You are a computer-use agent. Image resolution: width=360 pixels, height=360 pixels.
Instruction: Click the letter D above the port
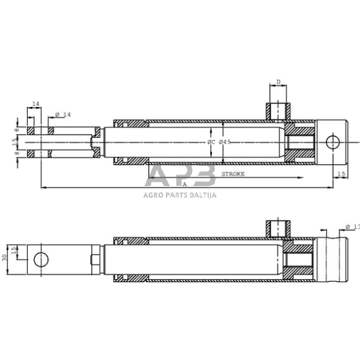click(278, 81)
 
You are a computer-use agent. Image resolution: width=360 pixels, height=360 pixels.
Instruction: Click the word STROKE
click(233, 174)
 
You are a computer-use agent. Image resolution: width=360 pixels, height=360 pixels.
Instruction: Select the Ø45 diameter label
click(225, 142)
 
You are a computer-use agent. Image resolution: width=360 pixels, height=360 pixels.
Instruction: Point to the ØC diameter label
click(211, 142)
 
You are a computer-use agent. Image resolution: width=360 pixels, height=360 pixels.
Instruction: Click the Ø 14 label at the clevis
click(63, 114)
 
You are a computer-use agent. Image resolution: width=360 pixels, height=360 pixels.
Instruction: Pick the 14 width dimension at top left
click(36, 105)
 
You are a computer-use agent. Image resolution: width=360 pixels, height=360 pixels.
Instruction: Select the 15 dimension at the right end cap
click(341, 174)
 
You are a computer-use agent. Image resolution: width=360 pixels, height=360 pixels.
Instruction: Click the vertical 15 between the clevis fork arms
click(17, 141)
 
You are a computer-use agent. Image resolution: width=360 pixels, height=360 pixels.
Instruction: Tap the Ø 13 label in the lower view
click(351, 227)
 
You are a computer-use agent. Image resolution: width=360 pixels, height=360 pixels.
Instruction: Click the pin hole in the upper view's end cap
click(332, 142)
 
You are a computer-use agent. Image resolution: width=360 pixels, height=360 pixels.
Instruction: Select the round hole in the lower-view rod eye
click(41, 259)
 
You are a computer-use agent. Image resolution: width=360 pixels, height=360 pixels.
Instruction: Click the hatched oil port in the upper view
click(277, 112)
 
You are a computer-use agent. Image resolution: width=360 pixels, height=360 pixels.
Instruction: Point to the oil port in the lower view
click(277, 228)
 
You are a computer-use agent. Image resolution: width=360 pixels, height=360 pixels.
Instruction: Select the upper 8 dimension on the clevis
click(17, 130)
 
